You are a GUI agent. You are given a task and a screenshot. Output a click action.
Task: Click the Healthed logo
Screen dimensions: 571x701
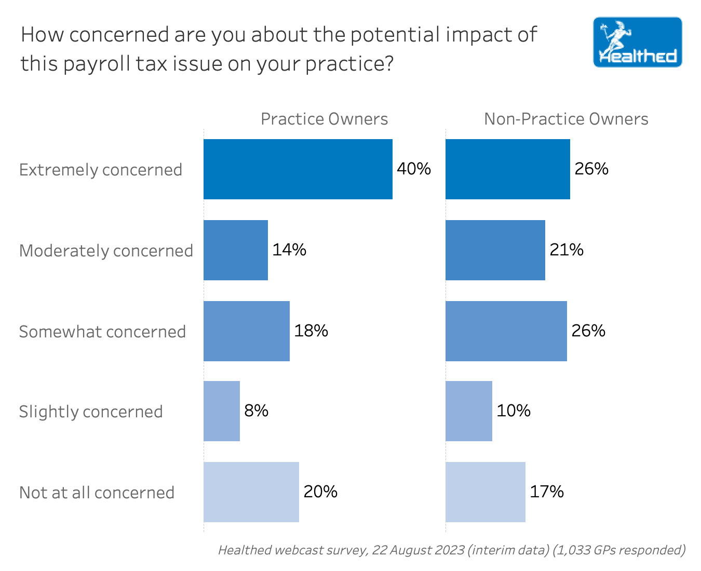tap(637, 42)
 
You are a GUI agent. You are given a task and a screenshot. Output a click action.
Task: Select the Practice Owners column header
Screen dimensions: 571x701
tap(324, 119)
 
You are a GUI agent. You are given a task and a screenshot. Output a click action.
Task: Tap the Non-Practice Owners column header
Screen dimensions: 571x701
tap(566, 119)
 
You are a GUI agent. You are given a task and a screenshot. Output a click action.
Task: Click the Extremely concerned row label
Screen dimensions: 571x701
tap(101, 170)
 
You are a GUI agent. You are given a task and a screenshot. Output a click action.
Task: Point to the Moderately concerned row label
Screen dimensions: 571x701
tap(106, 251)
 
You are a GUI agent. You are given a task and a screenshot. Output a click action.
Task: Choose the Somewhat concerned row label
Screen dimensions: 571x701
tap(102, 332)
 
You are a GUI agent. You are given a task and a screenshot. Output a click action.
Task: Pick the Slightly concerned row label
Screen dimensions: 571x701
tap(91, 412)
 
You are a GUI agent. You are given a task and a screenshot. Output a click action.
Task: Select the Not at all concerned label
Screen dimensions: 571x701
tap(97, 493)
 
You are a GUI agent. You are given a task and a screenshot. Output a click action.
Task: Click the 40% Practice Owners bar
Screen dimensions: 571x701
tap(298, 169)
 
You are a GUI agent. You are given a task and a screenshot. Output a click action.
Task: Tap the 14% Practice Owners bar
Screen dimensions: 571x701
tap(236, 250)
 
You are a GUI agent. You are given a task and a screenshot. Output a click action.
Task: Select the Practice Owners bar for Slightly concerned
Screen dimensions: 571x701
tap(222, 411)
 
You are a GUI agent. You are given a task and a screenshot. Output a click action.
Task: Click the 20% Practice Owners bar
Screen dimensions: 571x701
tap(251, 492)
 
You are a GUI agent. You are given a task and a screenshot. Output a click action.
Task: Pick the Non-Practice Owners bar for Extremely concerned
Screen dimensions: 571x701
tap(507, 169)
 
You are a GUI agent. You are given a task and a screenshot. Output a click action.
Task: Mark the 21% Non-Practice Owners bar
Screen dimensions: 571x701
tap(495, 250)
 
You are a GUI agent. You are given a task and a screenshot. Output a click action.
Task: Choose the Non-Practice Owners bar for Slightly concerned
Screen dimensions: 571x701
tap(468, 411)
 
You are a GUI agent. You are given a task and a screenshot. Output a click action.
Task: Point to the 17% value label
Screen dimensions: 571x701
tap(547, 492)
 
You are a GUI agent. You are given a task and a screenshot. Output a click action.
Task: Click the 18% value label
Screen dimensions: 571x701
tap(311, 331)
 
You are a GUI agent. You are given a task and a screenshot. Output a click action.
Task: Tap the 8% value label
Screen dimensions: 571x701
tap(257, 411)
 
